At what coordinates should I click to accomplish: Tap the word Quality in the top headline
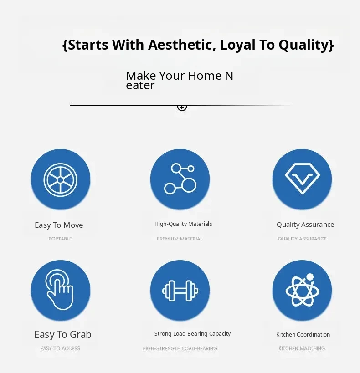[303, 45]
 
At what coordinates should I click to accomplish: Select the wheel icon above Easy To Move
[61, 180]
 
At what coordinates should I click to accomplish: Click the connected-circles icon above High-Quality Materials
[180, 179]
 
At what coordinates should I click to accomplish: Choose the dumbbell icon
[180, 291]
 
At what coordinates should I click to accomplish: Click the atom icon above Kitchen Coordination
[303, 290]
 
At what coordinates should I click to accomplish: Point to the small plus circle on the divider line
[182, 107]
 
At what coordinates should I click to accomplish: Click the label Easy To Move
[59, 225]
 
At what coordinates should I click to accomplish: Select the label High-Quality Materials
[183, 224]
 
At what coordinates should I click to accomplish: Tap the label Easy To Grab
[63, 334]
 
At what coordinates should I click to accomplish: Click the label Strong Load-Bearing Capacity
[192, 334]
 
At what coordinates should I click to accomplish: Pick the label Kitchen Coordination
[303, 334]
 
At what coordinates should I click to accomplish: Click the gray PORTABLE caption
[60, 239]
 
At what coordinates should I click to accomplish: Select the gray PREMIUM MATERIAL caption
[180, 239]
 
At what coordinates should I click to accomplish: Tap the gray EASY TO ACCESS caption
[60, 348]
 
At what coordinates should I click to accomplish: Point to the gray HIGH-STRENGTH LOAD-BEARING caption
[180, 348]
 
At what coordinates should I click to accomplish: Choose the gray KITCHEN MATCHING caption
[302, 348]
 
